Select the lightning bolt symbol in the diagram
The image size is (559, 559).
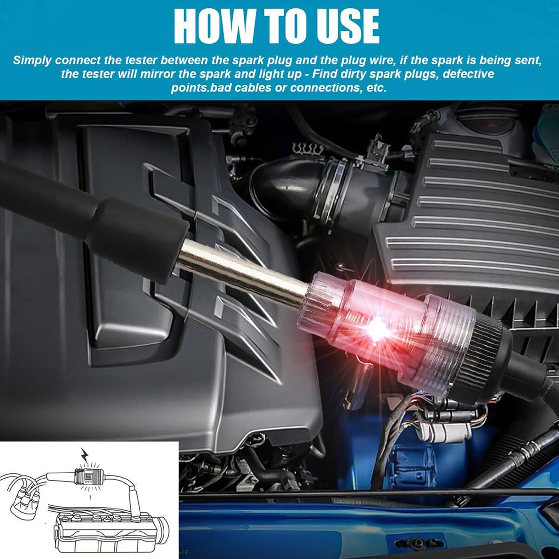click(85, 455)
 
